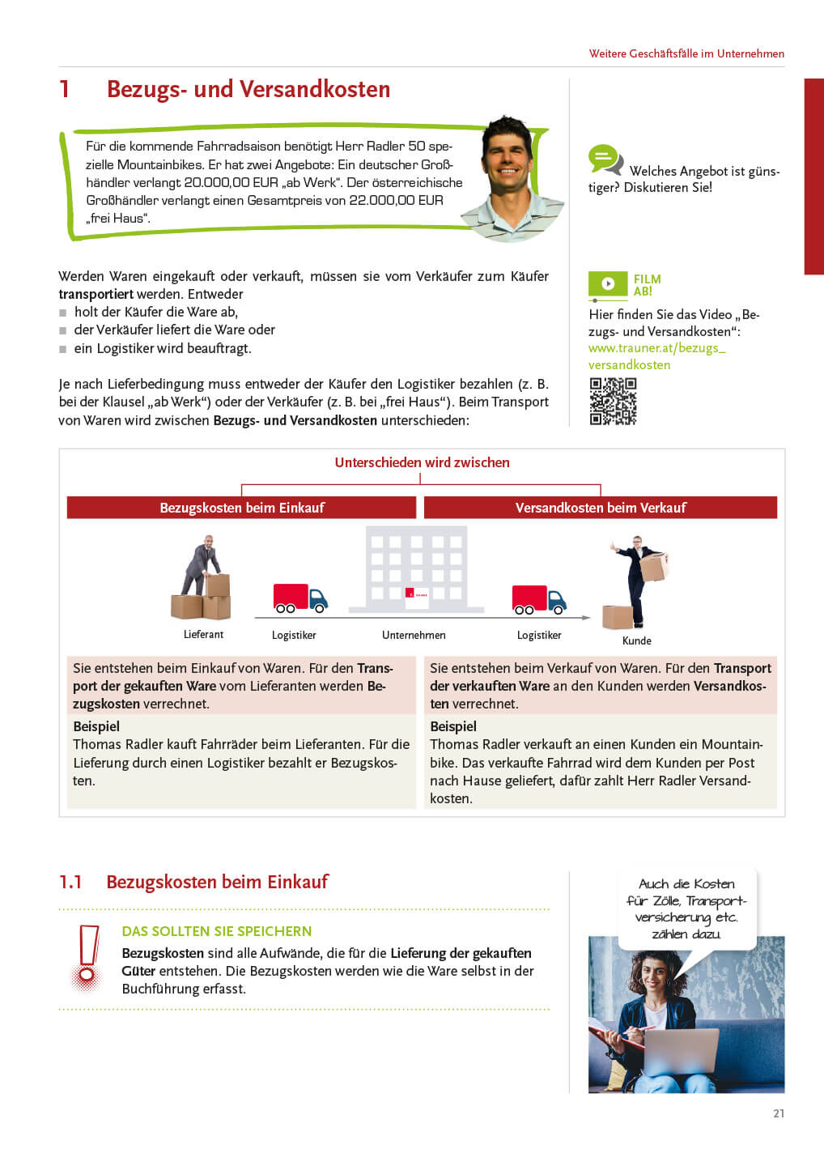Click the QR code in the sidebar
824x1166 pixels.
[613, 402]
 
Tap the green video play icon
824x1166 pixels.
[608, 283]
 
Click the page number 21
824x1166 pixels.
[779, 1113]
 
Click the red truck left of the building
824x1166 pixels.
[299, 598]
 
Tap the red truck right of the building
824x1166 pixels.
[538, 599]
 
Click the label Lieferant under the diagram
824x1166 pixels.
[203, 634]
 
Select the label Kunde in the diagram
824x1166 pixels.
[636, 640]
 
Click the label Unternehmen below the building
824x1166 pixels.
[414, 635]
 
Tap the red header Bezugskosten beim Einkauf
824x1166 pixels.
[241, 508]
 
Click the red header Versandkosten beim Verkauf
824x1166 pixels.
[601, 508]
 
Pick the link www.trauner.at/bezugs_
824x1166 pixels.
[656, 348]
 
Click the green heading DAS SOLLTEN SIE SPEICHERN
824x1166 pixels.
[217, 931]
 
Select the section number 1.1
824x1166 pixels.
[70, 882]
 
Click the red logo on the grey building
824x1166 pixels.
[410, 594]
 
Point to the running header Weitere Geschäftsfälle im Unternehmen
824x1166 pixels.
[686, 53]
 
